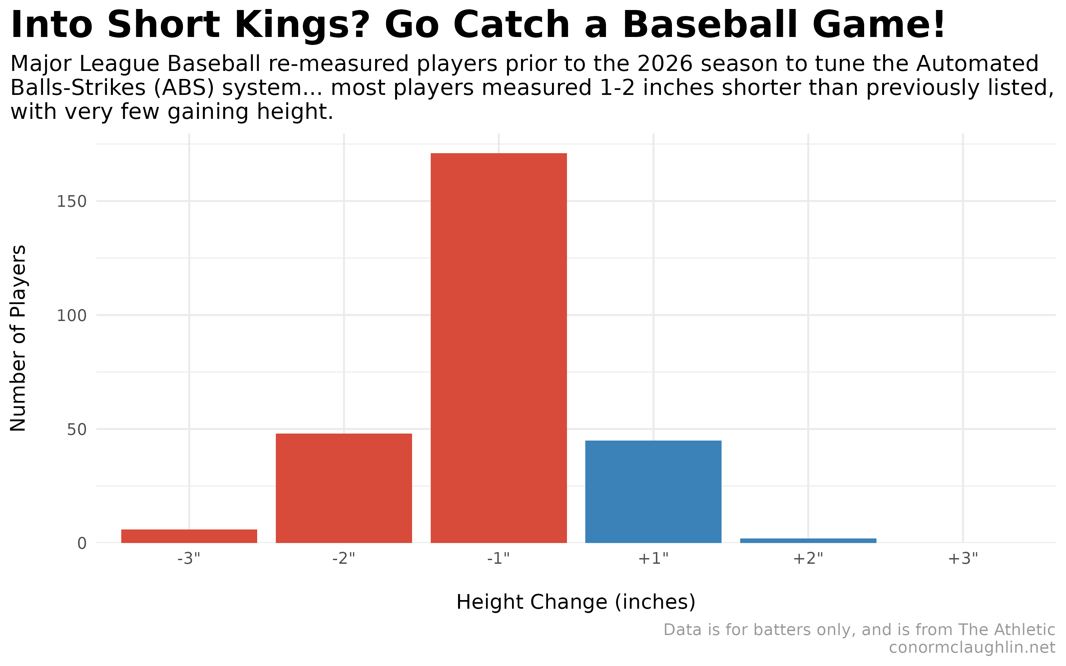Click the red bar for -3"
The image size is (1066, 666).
[189, 536]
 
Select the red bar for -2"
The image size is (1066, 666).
[343, 488]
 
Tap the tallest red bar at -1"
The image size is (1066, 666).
[498, 348]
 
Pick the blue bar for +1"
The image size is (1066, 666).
[653, 492]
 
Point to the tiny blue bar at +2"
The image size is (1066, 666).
[808, 540]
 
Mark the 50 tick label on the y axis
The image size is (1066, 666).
[77, 430]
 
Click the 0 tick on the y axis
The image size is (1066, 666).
[82, 543]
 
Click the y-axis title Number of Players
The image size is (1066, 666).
[19, 338]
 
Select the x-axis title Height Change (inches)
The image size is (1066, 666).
[576, 602]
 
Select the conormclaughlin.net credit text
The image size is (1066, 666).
[972, 647]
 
